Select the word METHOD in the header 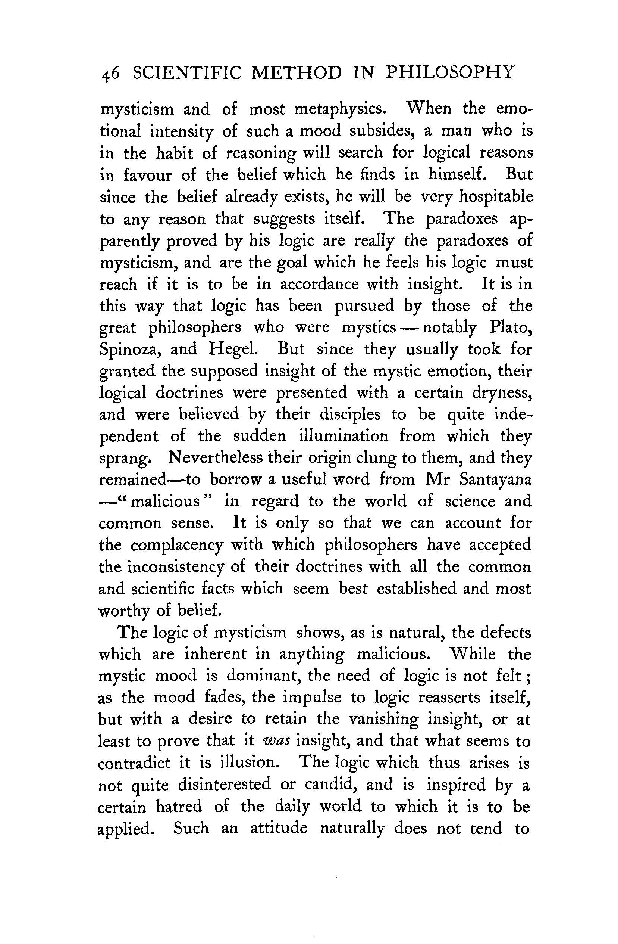[297, 73]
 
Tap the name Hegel [233, 349]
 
